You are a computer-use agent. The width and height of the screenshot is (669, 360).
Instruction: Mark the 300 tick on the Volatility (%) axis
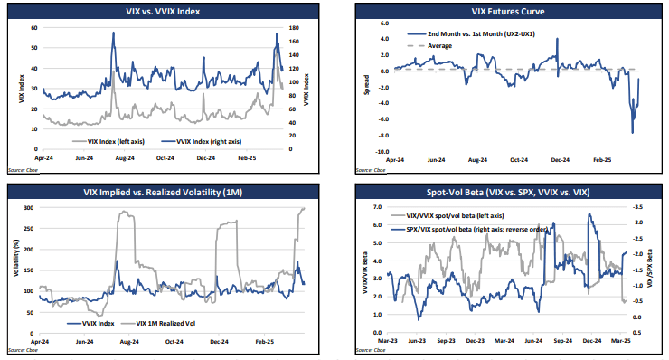[x=30, y=207]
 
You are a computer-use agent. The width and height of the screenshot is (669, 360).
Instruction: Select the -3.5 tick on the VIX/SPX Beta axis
[x=638, y=207]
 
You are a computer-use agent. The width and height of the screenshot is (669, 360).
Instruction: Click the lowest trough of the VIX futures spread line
[x=632, y=133]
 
